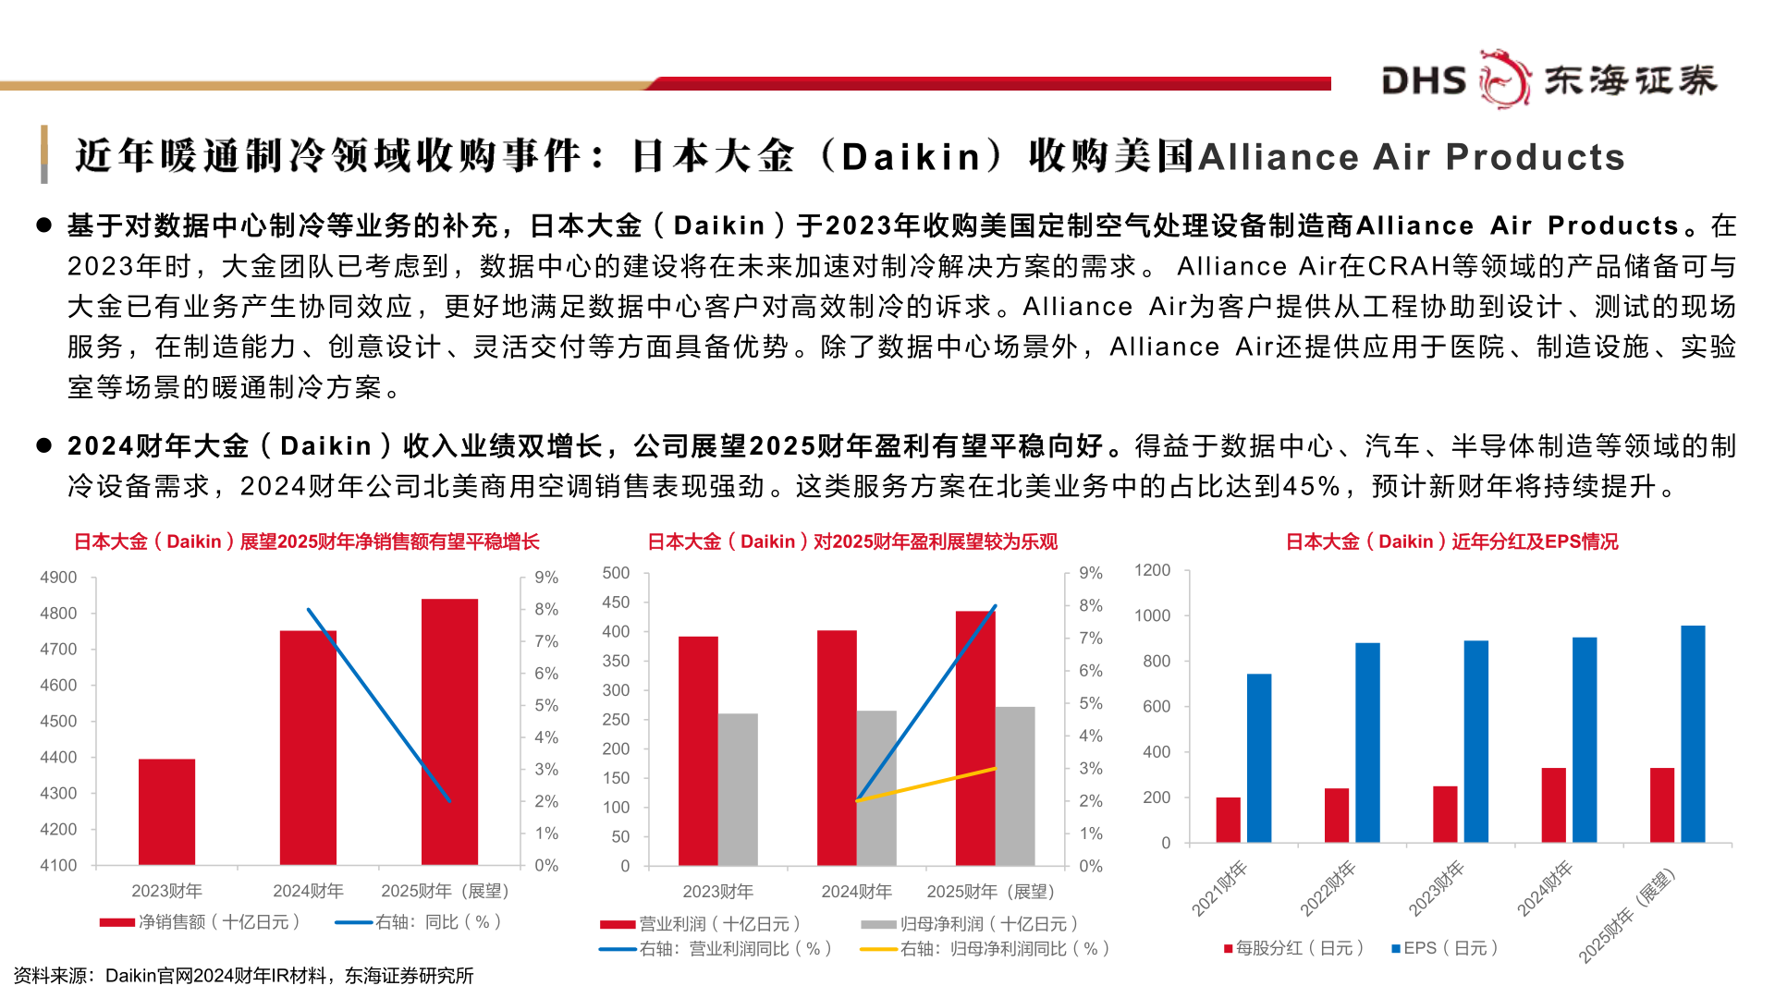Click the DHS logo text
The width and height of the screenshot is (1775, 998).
coord(1424,80)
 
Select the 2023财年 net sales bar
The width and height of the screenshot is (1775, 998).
coord(166,811)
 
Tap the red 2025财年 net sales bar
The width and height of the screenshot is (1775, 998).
coord(449,731)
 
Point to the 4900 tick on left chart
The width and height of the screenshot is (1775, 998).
coord(58,578)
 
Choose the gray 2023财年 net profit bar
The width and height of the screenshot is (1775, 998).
coord(738,789)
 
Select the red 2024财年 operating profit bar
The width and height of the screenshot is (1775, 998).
coord(837,748)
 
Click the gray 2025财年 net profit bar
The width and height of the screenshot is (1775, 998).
coord(1015,785)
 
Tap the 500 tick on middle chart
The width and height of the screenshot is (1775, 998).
coord(616,573)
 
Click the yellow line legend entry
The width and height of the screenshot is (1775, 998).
coord(984,949)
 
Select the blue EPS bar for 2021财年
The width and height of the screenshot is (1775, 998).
coord(1258,758)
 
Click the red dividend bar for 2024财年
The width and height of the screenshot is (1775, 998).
coord(1553,804)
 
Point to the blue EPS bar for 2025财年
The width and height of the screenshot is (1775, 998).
coord(1693,734)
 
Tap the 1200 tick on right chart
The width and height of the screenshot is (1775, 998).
coord(1152,570)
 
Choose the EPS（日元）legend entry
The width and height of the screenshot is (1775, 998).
coord(1444,948)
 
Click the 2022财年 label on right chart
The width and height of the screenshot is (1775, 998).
coord(1328,888)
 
